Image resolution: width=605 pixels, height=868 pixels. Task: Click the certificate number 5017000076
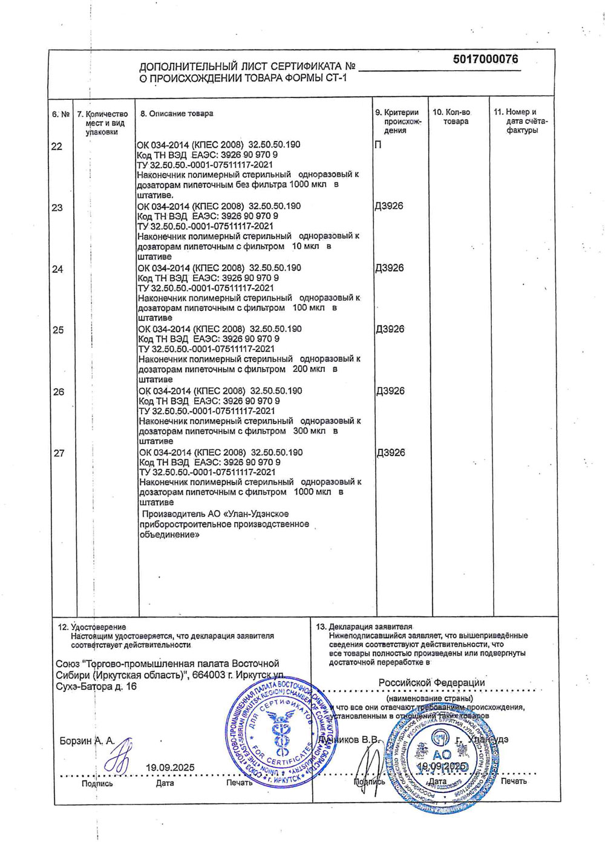tap(485, 59)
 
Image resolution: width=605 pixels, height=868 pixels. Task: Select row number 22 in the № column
tap(56, 146)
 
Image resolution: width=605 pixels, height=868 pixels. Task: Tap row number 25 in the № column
tap(58, 330)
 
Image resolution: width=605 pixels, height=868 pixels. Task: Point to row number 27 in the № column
tap(59, 453)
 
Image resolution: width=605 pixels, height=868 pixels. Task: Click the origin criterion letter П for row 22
tap(378, 145)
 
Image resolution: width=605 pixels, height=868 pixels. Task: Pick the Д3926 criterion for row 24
tap(390, 268)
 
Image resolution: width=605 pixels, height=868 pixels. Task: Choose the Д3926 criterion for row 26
tap(390, 391)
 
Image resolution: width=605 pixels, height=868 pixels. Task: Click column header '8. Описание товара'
tap(177, 114)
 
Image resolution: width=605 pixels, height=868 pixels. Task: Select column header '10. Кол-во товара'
tap(451, 117)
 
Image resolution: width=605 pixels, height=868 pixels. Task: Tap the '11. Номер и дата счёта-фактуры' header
tap(521, 121)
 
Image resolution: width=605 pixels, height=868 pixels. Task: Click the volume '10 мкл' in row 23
tap(306, 247)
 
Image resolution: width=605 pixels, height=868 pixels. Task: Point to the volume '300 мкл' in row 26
tap(309, 431)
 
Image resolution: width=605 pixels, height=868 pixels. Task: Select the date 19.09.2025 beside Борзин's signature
tap(170, 768)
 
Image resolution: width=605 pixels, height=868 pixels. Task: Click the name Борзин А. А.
tap(87, 741)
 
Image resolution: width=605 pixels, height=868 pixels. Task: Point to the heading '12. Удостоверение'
tap(92, 627)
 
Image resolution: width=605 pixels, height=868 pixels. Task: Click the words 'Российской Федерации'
tap(431, 682)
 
